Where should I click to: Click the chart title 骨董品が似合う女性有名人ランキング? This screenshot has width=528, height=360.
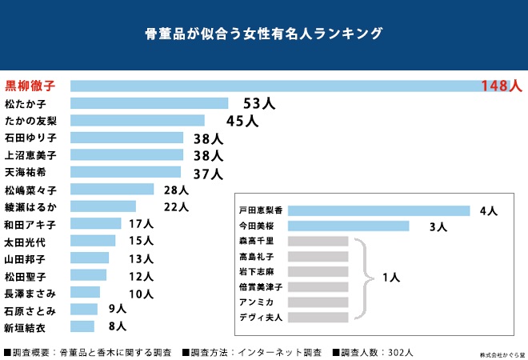coord(263,34)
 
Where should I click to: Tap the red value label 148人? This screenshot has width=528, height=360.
coord(501,86)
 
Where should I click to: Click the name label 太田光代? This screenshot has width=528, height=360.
coord(25,241)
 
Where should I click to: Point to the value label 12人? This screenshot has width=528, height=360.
coord(141,276)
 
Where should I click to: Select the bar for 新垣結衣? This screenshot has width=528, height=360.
coord(82,326)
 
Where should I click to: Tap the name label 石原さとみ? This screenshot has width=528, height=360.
coord(30,310)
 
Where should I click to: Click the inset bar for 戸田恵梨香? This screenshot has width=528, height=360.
coord(378,210)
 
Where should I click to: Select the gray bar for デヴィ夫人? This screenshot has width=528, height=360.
coord(318,317)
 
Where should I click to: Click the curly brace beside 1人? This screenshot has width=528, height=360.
coord(365,278)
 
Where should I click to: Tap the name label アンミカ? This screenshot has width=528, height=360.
coord(256,302)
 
